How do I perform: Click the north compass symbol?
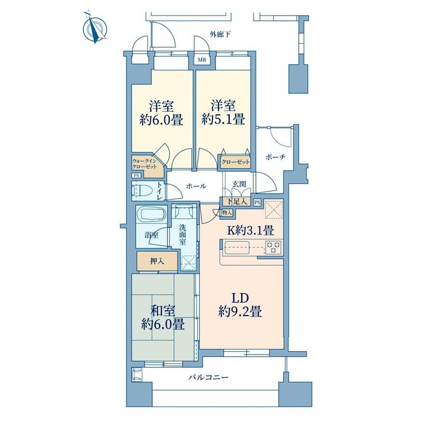[95, 27]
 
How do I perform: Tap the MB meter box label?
[202, 60]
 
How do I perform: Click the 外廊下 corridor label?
[220, 35]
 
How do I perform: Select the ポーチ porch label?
[275, 157]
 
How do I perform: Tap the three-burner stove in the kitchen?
[273, 247]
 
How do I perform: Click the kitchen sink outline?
[237, 248]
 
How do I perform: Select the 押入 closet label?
[157, 261]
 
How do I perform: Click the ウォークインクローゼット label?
[145, 164]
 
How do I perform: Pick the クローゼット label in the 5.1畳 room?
[235, 162]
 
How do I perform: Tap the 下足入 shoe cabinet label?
[237, 201]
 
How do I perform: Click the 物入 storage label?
[227, 213]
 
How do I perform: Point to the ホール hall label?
[196, 186]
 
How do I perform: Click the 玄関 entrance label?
[239, 184]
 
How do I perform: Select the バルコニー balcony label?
[209, 377]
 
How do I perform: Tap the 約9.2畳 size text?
[240, 311]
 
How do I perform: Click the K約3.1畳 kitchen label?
[250, 231]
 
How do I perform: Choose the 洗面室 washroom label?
[182, 234]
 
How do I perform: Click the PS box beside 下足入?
[257, 202]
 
